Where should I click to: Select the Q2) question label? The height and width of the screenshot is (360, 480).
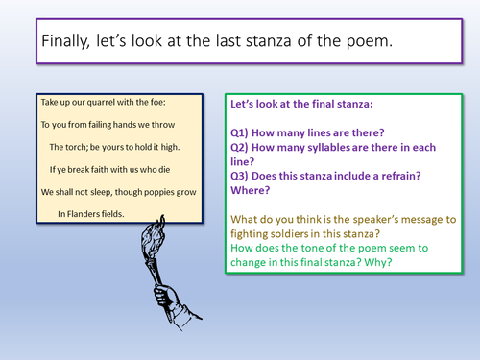coord(241,149)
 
